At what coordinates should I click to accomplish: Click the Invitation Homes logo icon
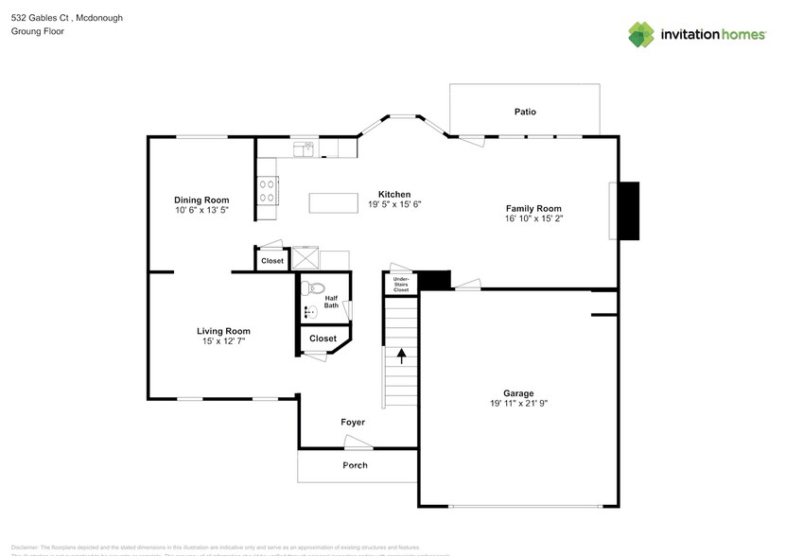(x=642, y=34)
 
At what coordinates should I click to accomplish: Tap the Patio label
(x=525, y=112)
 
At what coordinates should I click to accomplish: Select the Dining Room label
(x=201, y=200)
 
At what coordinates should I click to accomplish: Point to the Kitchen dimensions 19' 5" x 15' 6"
(x=393, y=204)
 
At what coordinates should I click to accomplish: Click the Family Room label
(x=533, y=208)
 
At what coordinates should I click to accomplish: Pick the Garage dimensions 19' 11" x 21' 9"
(x=517, y=404)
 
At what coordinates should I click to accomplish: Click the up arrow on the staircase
(x=401, y=356)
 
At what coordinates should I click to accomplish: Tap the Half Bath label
(x=331, y=302)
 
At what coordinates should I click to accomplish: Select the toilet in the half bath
(x=316, y=288)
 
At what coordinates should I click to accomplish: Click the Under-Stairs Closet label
(x=401, y=284)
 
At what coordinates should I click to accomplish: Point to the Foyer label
(x=353, y=423)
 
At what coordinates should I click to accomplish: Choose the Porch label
(x=355, y=465)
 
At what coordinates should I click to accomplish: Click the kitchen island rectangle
(x=339, y=202)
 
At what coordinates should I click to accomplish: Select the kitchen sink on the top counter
(x=304, y=148)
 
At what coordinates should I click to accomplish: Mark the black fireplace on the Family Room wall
(x=629, y=210)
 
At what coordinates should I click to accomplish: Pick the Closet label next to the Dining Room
(x=272, y=260)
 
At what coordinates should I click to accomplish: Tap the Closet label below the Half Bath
(x=323, y=339)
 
